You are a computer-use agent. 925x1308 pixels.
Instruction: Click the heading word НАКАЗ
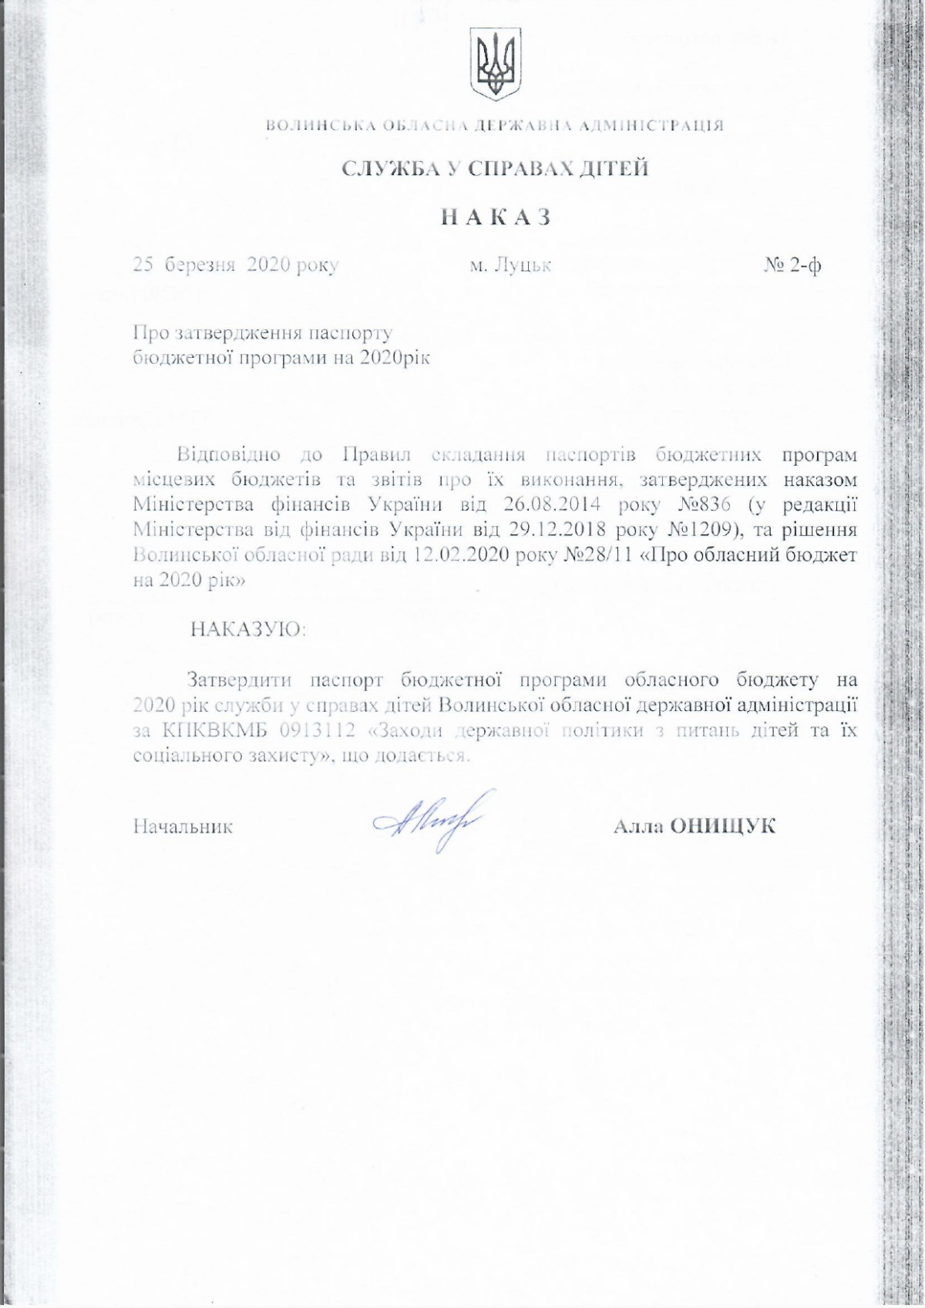pyautogui.click(x=496, y=218)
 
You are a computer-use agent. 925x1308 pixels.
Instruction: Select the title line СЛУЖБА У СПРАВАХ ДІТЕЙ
pyautogui.click(x=496, y=169)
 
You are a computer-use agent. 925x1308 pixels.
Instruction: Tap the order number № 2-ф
pyautogui.click(x=792, y=265)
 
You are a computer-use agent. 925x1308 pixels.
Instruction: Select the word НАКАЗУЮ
pyautogui.click(x=248, y=629)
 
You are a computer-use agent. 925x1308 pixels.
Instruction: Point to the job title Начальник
pyautogui.click(x=183, y=827)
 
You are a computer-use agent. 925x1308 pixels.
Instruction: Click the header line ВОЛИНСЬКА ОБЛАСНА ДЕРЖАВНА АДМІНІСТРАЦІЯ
pyautogui.click(x=496, y=126)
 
